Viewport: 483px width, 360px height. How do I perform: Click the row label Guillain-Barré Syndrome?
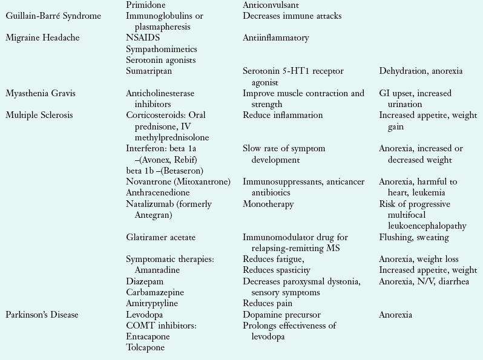coord(53,16)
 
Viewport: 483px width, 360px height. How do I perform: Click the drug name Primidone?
coord(146,5)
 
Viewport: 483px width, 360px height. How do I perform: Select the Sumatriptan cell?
coord(149,71)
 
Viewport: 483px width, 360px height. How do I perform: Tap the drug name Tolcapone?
coord(145,348)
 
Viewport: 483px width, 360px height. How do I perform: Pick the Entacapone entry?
coord(149,337)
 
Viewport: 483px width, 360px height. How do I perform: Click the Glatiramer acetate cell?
coord(161,237)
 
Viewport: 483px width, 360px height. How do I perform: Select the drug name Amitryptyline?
coord(152,304)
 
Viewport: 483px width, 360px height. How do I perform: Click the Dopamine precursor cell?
coord(281,315)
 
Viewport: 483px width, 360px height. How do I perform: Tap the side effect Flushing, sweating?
coord(414,237)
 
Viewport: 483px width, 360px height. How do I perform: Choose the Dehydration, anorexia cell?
coord(421,71)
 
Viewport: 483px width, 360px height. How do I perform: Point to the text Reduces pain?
coord(267,304)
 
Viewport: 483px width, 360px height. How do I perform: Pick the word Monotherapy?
coord(269,204)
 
